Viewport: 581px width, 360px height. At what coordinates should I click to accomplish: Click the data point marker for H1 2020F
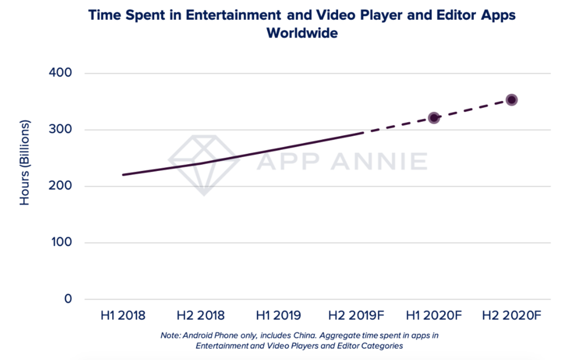pos(434,118)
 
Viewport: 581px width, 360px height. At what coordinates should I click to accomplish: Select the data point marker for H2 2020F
pos(511,100)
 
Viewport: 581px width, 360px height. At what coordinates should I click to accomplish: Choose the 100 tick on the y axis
pos(60,242)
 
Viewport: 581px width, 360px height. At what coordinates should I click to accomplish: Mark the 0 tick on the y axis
pos(68,299)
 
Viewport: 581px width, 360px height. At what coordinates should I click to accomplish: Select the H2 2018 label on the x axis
pos(200,315)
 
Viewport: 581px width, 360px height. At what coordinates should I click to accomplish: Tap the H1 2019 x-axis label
pos(278,315)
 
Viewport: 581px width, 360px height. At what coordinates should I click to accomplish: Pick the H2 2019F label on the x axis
pos(356,315)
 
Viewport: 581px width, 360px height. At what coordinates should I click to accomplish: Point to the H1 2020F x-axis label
pos(434,315)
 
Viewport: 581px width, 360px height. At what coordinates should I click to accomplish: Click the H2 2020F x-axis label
pos(511,315)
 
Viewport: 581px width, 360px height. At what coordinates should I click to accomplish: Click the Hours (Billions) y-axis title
pos(25,162)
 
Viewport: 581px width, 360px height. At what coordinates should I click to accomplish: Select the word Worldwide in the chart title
pos(302,34)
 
